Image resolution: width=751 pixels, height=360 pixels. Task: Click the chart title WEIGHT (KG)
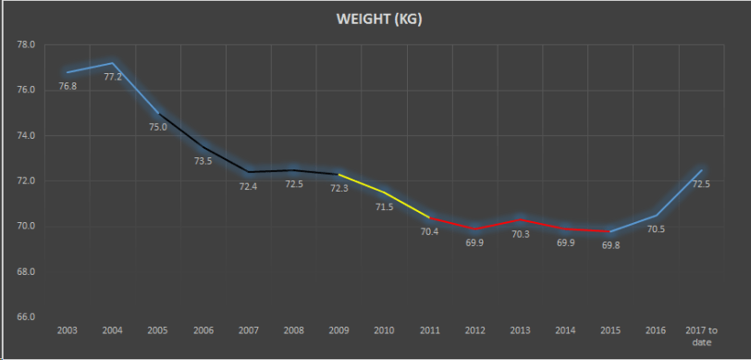click(x=376, y=19)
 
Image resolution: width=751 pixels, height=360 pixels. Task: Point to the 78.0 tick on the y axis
click(x=26, y=44)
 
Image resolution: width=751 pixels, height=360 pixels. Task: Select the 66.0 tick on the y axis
click(x=26, y=317)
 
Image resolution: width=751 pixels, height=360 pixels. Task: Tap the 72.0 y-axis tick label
click(x=26, y=181)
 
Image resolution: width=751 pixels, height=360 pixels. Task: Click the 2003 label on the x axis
click(x=67, y=330)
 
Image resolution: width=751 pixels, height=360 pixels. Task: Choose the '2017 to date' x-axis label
click(x=700, y=335)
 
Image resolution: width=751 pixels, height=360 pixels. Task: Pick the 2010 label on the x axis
click(x=384, y=330)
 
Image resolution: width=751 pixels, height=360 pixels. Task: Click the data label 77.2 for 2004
click(x=113, y=77)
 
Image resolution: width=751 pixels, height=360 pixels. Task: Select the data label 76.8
click(x=68, y=86)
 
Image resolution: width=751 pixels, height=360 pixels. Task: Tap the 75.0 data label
click(x=158, y=127)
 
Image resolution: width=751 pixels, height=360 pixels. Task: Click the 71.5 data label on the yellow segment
click(x=384, y=206)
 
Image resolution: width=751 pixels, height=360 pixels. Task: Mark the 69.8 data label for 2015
click(x=610, y=245)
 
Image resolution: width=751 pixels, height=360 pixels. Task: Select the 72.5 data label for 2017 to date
click(x=701, y=184)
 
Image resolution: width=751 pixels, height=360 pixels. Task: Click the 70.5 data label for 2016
click(x=656, y=230)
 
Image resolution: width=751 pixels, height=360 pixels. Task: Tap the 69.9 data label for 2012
click(x=474, y=242)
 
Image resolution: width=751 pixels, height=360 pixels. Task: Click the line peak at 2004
click(x=113, y=63)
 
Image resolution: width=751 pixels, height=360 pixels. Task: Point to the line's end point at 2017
click(x=701, y=169)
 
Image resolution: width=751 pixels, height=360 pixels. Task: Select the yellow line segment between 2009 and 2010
click(x=362, y=183)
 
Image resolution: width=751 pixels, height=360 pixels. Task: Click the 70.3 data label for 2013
click(x=520, y=234)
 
